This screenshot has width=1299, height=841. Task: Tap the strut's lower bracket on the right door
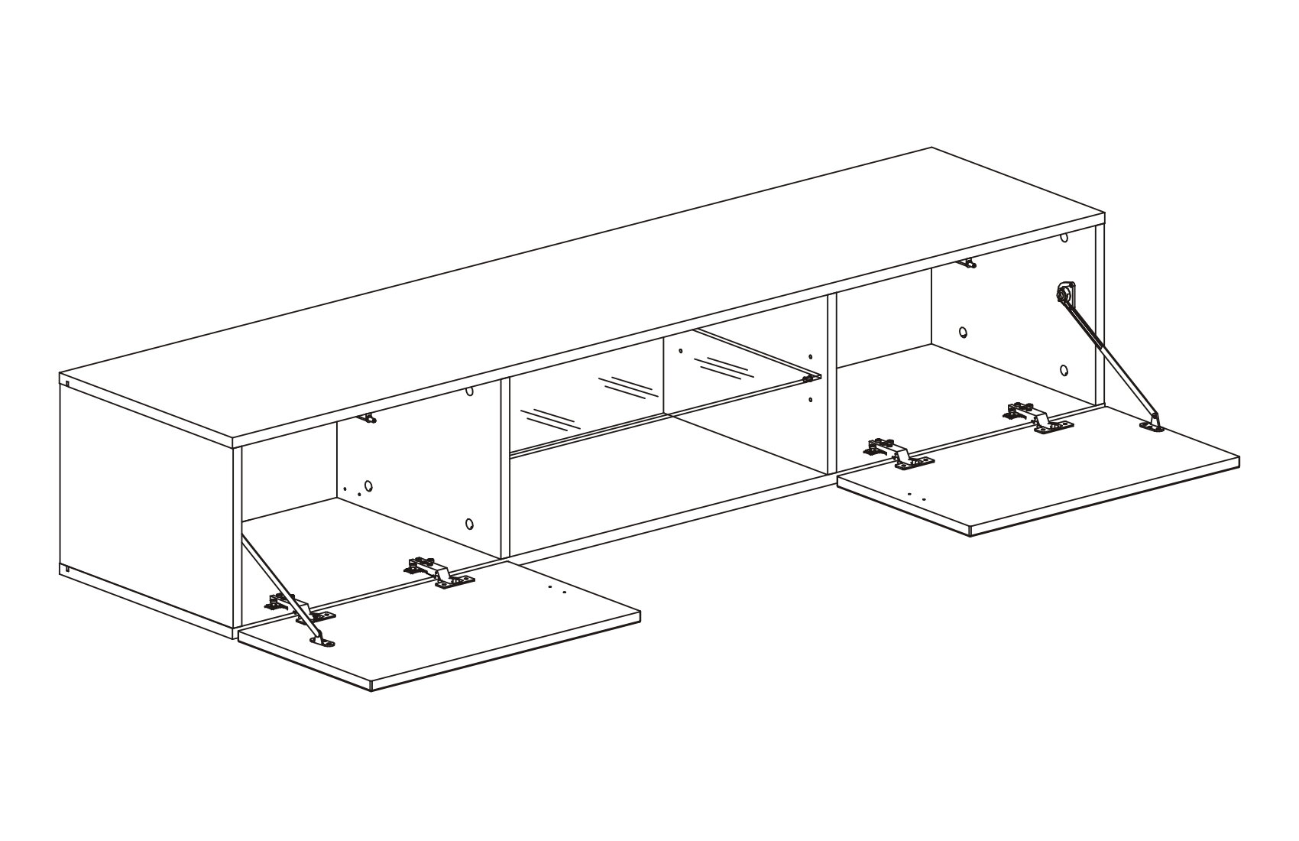(1154, 424)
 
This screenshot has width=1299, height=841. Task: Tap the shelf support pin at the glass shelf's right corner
(807, 378)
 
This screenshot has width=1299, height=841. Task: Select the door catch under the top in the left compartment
(369, 417)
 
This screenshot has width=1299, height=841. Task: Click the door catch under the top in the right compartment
(967, 264)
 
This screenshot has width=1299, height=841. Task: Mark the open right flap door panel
(1054, 474)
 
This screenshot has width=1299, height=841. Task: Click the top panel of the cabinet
(581, 298)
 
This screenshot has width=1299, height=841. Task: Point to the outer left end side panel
(145, 505)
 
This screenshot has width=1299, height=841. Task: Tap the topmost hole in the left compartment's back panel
(469, 391)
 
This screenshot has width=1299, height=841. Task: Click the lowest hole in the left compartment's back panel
(469, 524)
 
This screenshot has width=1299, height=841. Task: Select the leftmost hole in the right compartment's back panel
(963, 333)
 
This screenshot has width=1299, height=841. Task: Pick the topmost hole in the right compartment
(1064, 238)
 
